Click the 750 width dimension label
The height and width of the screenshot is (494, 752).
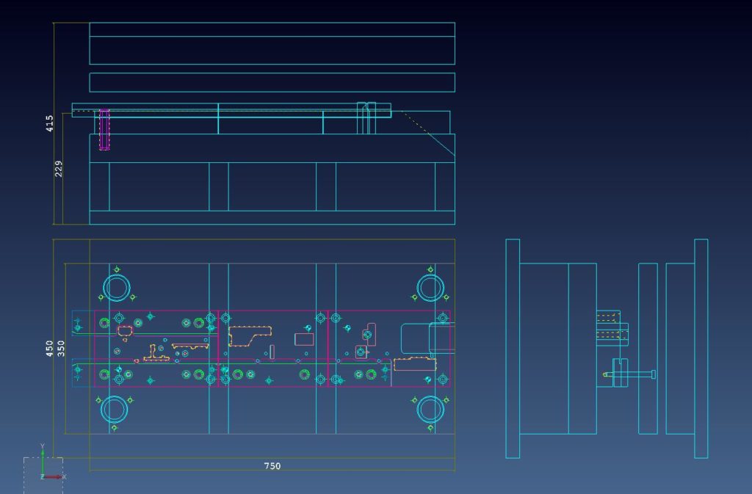(272, 465)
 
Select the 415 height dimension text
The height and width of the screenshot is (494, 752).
(49, 123)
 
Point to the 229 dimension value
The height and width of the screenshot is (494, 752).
(58, 169)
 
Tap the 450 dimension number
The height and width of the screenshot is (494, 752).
(49, 349)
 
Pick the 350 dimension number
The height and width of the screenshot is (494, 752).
(61, 349)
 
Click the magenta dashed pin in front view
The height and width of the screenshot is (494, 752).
(104, 129)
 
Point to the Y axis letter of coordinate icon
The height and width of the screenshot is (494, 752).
(42, 446)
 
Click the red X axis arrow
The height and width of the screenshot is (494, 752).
(53, 477)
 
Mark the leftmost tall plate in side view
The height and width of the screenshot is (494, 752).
(513, 349)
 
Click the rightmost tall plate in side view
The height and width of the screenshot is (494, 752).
(701, 349)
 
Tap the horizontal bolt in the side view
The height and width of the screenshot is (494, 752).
(629, 374)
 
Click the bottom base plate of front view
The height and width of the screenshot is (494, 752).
(272, 217)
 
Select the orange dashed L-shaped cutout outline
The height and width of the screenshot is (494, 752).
(250, 335)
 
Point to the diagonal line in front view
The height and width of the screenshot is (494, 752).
(428, 134)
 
